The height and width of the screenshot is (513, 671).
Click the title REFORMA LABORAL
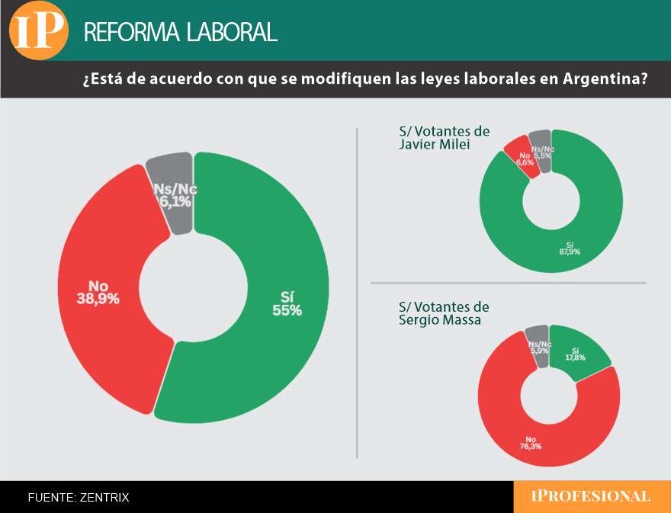tap(180, 32)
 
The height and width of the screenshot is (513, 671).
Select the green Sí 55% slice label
tap(285, 303)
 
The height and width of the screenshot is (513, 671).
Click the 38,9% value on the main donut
tap(98, 299)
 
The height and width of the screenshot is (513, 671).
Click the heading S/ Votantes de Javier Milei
tap(444, 138)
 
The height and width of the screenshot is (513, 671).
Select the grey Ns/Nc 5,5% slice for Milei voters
tap(541, 151)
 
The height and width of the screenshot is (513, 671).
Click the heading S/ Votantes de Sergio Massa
tap(444, 313)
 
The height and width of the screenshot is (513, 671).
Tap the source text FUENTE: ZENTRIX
tap(79, 498)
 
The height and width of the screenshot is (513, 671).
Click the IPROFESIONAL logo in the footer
tap(591, 497)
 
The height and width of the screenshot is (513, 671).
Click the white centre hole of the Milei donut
tap(551, 201)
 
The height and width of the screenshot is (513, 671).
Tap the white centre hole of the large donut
tap(193, 287)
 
